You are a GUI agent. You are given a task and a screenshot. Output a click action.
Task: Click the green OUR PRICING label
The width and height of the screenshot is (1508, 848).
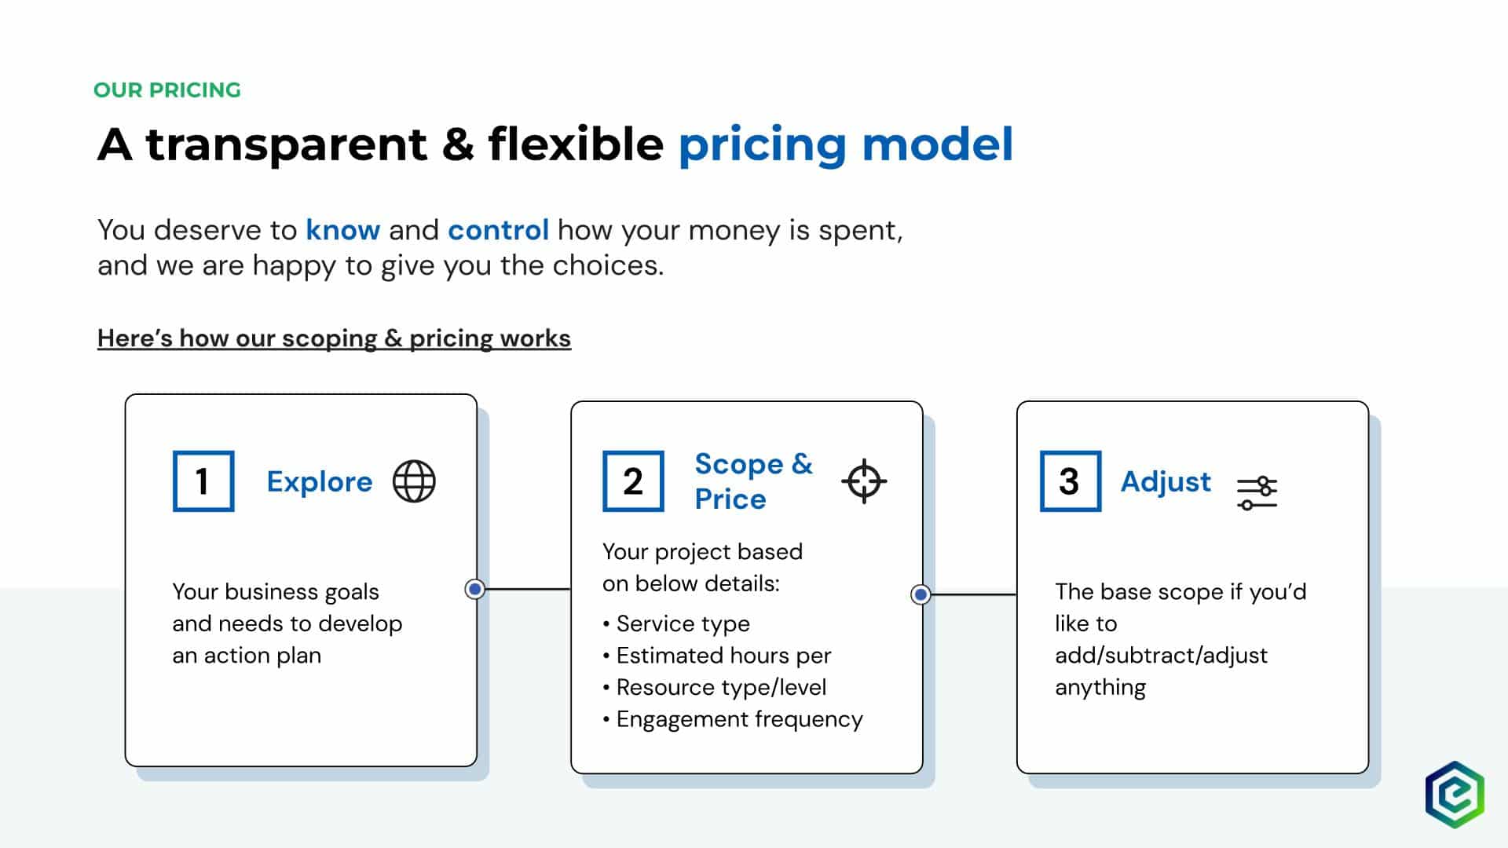[x=167, y=90]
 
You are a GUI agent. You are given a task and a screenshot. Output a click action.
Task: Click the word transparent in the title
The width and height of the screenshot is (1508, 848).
[x=287, y=144]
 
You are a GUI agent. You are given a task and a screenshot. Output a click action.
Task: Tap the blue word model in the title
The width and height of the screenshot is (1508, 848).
[x=938, y=144]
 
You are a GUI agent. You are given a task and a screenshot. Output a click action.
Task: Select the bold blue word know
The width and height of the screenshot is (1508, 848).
[x=343, y=230]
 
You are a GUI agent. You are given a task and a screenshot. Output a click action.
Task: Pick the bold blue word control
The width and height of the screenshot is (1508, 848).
[x=498, y=230]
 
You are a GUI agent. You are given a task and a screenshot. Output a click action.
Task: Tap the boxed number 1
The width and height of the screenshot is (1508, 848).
[x=203, y=481]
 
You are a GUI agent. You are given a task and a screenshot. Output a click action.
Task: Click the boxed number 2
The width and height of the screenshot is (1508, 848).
[x=633, y=481]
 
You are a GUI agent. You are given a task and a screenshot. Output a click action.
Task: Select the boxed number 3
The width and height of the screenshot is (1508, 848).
[x=1071, y=481]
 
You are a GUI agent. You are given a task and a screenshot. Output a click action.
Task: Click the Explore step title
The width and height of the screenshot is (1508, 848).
[x=320, y=481]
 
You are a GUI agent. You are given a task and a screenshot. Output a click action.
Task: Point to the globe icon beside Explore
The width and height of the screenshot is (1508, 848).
[x=414, y=481]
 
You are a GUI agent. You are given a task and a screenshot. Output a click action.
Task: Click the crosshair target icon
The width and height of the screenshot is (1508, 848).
[x=864, y=481]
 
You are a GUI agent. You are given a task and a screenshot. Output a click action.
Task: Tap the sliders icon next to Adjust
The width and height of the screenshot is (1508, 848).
[x=1257, y=492]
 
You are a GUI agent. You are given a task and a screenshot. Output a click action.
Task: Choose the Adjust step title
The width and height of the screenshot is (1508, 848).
[x=1166, y=482]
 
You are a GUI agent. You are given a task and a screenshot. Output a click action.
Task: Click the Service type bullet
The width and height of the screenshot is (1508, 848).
[x=676, y=623]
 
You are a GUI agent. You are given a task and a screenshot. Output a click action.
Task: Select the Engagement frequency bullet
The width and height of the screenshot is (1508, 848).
[x=733, y=719]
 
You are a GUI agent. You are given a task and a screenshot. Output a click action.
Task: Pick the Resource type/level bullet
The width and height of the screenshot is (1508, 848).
[x=715, y=687]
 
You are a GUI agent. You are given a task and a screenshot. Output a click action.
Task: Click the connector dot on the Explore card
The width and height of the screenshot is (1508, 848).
[x=474, y=589]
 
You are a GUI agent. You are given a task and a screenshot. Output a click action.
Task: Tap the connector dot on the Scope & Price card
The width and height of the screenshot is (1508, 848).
[x=921, y=594]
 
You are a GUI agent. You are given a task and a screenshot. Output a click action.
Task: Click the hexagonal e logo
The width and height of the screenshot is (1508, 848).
[x=1455, y=795]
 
